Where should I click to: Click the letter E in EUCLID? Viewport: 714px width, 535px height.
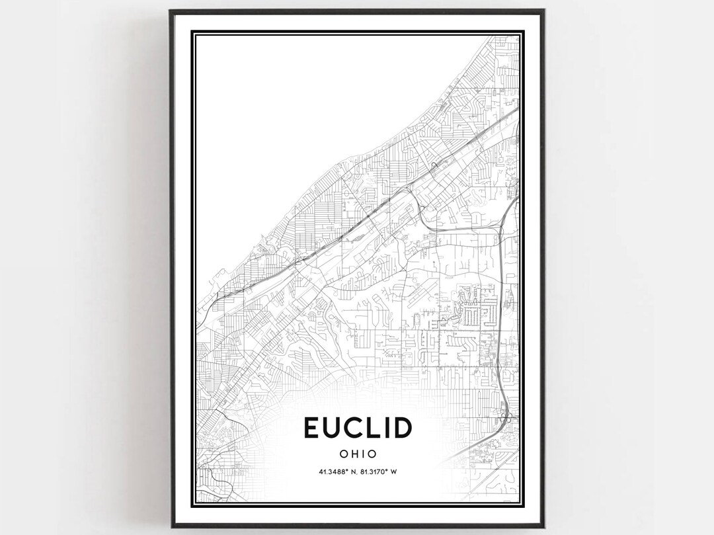coord(312,428)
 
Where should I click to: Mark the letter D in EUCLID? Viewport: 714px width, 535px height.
coord(405,428)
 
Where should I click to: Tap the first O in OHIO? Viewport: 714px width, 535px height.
coord(342,454)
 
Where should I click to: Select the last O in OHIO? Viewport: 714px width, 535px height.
coord(372,454)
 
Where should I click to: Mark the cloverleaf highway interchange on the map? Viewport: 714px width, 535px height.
coord(506,416)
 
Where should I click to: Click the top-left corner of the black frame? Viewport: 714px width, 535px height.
coord(170,11)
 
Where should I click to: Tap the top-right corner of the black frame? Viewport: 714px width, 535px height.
coord(544,11)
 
